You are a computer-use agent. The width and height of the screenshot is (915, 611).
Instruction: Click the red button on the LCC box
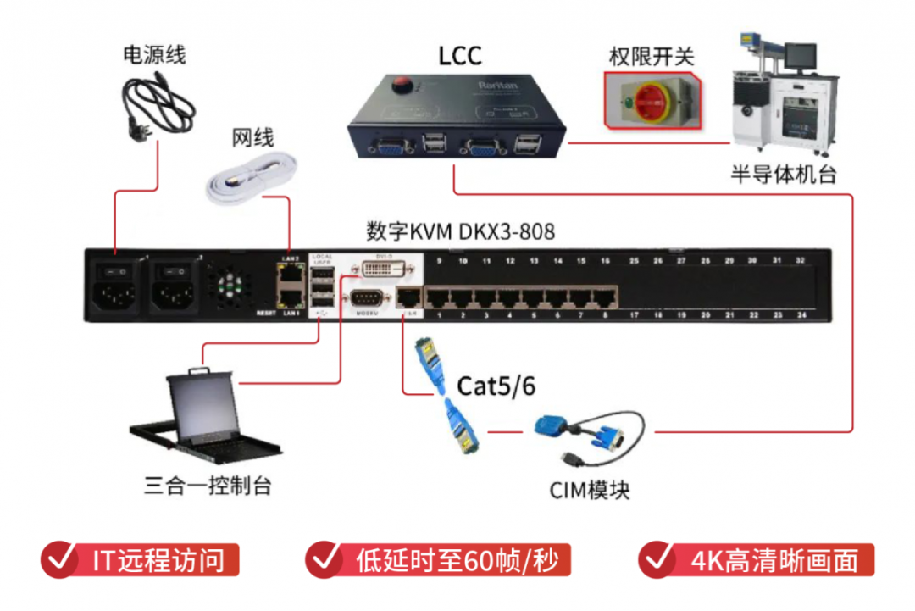tap(403, 84)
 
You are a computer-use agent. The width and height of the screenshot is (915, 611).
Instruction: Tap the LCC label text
tap(460, 56)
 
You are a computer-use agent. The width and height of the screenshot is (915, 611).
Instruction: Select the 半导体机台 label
tap(783, 175)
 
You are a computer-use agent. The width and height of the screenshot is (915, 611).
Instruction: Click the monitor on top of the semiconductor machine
tap(799, 55)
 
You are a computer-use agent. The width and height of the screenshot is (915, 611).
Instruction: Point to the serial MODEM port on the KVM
tap(365, 298)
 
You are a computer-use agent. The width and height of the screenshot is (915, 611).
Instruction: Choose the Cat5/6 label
tap(496, 386)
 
